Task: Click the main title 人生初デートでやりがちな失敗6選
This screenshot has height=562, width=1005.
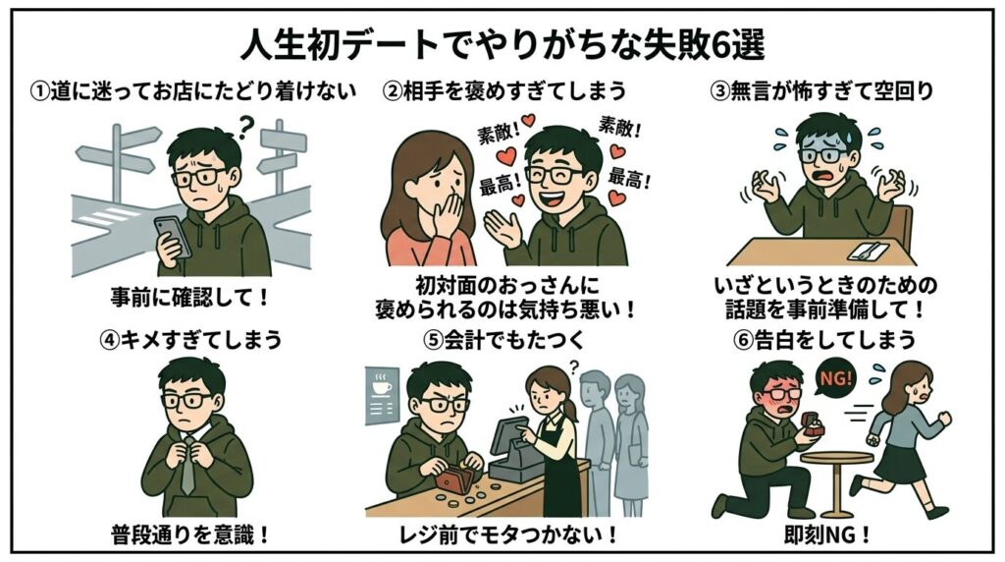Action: click(502, 43)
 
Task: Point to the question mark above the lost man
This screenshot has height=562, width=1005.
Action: click(246, 124)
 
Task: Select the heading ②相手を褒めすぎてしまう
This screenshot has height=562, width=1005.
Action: click(503, 91)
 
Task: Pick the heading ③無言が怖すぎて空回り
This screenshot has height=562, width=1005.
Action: click(820, 91)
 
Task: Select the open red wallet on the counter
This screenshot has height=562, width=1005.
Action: click(453, 480)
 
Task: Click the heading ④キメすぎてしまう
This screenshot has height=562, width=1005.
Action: click(190, 340)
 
